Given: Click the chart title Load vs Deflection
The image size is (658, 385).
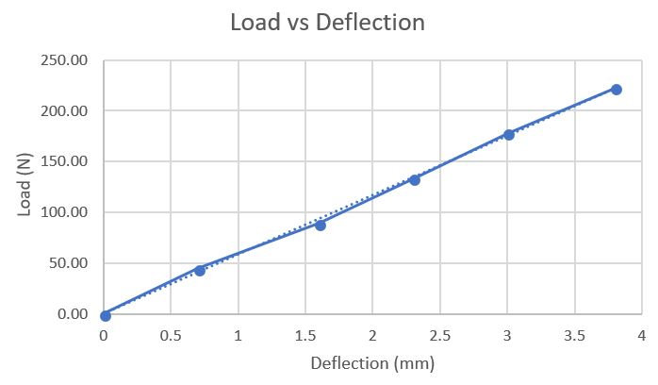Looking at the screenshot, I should tap(327, 23).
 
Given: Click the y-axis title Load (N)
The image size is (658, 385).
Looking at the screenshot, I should tap(25, 187).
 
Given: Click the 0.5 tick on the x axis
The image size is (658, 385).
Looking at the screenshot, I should tap(171, 335).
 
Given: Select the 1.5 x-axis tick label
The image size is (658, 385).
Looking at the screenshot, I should tap(305, 335).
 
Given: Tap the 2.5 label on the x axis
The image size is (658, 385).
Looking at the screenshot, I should tap(440, 335).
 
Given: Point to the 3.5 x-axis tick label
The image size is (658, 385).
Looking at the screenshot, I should tap(574, 335).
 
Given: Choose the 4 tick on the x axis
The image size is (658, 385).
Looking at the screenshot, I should tap(642, 335).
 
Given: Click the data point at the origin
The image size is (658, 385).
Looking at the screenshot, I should tap(106, 315).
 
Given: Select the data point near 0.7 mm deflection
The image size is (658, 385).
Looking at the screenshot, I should tap(200, 271).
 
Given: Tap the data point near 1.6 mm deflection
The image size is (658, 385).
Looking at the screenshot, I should tap(321, 226).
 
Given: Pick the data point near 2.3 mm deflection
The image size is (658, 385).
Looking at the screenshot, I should tap(415, 180).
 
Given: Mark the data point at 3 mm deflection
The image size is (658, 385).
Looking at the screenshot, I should tap(509, 135).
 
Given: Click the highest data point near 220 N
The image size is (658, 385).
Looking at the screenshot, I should tap(617, 90).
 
